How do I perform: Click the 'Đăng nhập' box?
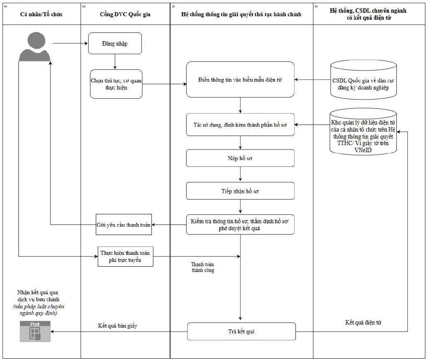tap(115, 43)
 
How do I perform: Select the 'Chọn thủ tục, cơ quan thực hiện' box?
tap(116, 84)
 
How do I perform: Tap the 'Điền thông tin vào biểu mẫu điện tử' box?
tap(240, 79)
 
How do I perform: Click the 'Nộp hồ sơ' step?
tap(240, 158)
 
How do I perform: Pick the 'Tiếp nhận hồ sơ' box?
tap(240, 191)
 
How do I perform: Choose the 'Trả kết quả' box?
tap(241, 331)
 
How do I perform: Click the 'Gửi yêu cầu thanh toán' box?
tap(124, 225)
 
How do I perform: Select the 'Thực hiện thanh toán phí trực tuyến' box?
tap(126, 257)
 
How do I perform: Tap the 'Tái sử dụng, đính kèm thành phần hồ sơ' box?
tap(240, 125)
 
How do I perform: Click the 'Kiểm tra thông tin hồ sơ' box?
tap(240, 225)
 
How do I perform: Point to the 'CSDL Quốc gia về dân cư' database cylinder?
tap(363, 79)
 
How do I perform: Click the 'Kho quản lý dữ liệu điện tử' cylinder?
tap(363, 132)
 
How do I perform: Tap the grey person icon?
tap(34, 46)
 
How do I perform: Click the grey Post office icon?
tap(35, 331)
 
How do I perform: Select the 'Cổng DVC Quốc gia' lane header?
tap(125, 14)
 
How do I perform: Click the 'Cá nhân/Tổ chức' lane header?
tap(42, 14)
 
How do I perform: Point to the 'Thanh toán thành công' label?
tap(203, 267)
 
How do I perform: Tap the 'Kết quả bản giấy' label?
tap(118, 326)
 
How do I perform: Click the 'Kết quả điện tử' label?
tap(363, 322)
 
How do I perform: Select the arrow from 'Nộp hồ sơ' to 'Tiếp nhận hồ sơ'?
tap(240, 174)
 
